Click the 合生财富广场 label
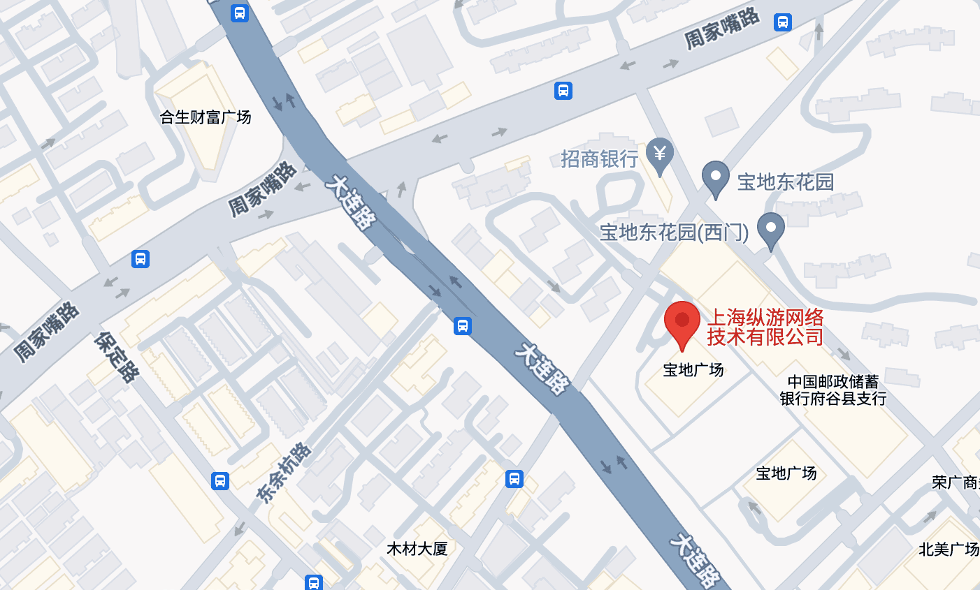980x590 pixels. pos(206,117)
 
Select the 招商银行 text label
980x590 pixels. pos(599,159)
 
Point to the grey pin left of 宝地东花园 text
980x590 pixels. pos(715,178)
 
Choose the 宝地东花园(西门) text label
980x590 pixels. pos(674,233)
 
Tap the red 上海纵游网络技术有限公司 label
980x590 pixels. pos(765,327)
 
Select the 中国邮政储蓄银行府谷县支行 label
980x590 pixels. pos(833,390)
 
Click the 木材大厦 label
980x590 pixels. pos(417,549)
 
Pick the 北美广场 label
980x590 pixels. pos(949,550)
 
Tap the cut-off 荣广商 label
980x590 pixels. pos(956,482)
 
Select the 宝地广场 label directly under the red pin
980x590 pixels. pos(693,370)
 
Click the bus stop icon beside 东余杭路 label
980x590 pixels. pos(220,480)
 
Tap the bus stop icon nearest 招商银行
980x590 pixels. pos(563,91)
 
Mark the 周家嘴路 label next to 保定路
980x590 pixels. pos(47,332)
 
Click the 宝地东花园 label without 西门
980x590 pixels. pos(786,182)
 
